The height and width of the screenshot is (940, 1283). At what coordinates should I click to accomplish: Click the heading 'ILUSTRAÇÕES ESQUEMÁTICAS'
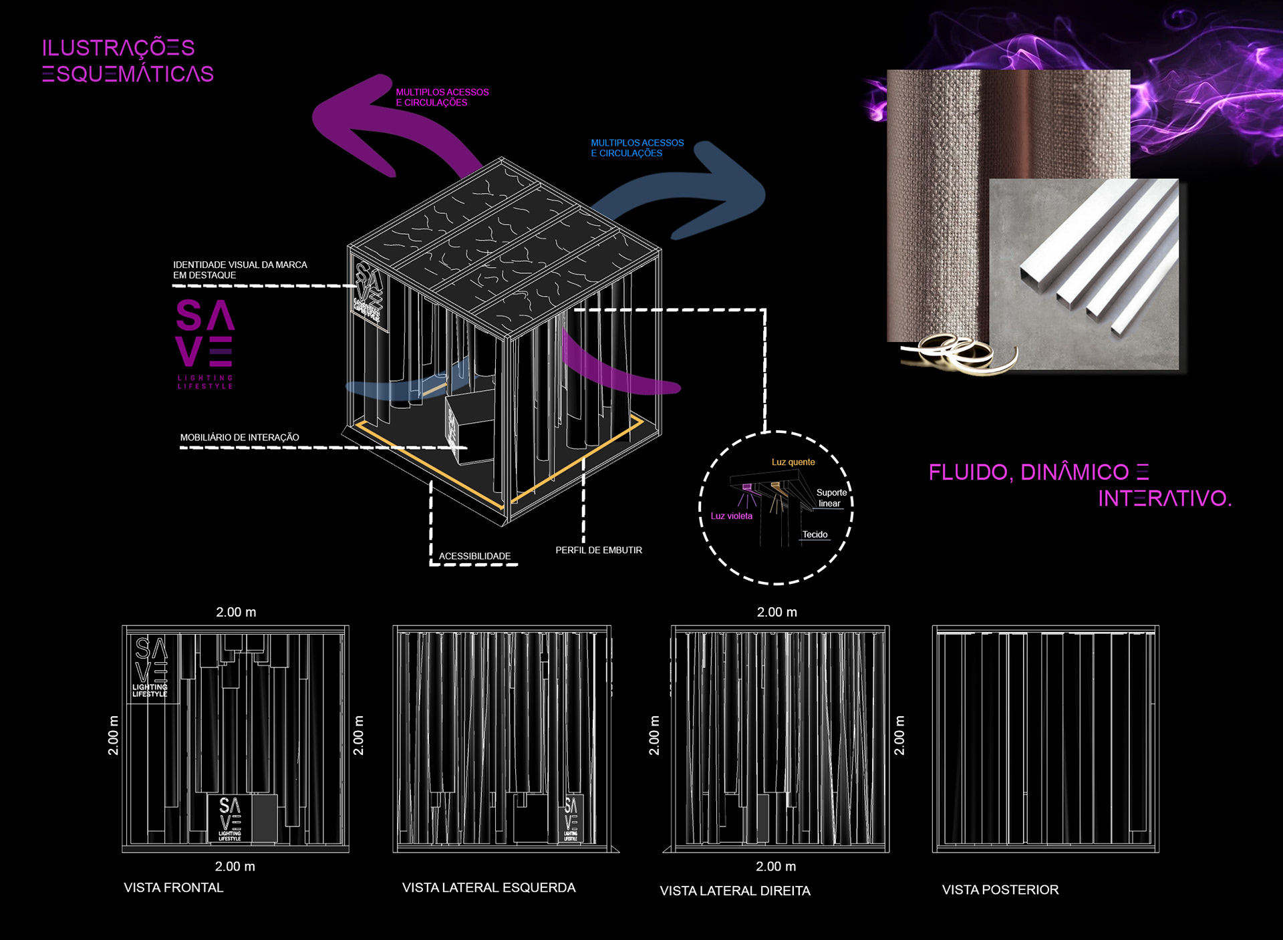tap(128, 61)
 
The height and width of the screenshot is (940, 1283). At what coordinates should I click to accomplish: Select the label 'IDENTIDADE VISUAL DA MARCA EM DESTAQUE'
tap(240, 270)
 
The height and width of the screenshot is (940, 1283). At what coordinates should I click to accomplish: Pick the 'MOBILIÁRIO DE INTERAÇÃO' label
tap(239, 438)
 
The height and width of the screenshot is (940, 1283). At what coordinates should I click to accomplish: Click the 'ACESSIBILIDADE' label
tap(474, 556)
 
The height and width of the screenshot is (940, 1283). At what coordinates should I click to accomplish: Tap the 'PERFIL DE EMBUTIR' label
tap(599, 550)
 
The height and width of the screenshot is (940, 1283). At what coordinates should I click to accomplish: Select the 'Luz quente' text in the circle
tap(793, 462)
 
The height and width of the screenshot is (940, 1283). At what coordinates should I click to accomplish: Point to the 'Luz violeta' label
tap(731, 516)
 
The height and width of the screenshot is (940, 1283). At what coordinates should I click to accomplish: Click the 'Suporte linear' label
tap(831, 498)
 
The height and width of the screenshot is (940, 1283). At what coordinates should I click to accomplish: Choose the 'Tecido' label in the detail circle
tap(815, 534)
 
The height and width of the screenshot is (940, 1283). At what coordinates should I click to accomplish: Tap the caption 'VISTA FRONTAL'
tap(174, 887)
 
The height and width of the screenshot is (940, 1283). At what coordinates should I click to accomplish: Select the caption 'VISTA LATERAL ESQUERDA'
tap(488, 887)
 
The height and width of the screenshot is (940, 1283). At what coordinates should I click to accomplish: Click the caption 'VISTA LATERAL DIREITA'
tap(735, 891)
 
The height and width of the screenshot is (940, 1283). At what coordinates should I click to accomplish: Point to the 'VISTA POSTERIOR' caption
tap(1000, 889)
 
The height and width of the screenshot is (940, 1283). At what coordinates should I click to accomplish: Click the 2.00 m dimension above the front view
tap(236, 612)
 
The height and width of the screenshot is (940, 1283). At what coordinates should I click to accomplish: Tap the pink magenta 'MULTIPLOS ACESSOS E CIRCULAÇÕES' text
tap(442, 97)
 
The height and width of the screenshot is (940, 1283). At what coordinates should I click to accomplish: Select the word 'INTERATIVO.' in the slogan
tap(1165, 498)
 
